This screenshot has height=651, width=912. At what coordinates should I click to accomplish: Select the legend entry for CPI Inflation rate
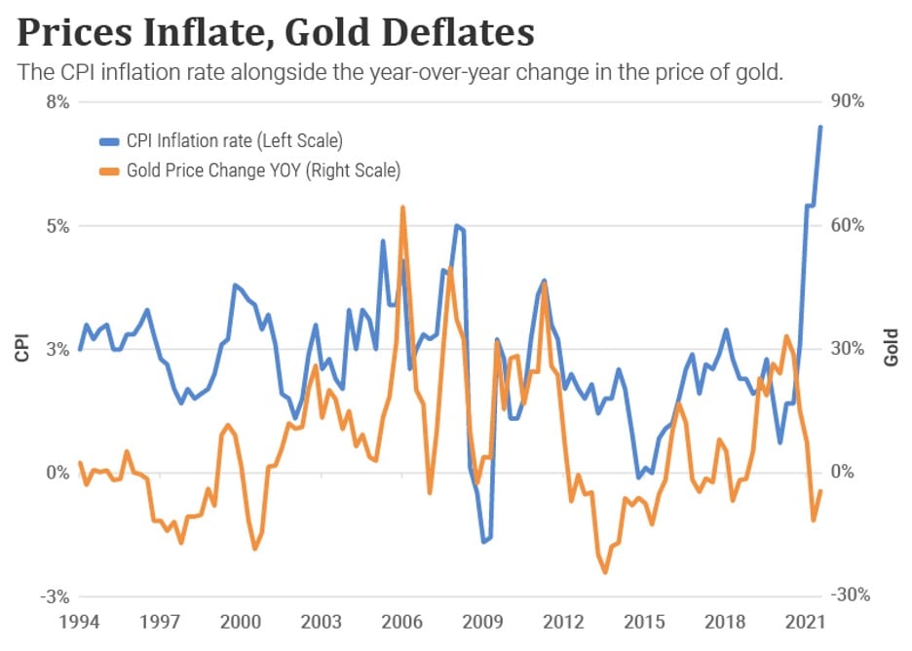pos(234,141)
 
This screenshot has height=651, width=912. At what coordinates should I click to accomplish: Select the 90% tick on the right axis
pos(848,102)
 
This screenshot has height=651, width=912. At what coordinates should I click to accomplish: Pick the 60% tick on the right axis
pos(848,226)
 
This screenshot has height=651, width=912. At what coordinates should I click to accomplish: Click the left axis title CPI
pos(21,349)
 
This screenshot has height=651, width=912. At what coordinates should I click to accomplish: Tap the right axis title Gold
pos(891,349)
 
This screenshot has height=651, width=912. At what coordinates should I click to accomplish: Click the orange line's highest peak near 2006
pos(402,208)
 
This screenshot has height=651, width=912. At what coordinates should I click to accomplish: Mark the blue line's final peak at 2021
pos(820,127)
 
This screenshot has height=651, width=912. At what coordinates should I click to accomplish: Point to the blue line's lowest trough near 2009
pos(483,541)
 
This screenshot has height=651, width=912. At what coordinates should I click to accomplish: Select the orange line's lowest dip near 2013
pos(605,572)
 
